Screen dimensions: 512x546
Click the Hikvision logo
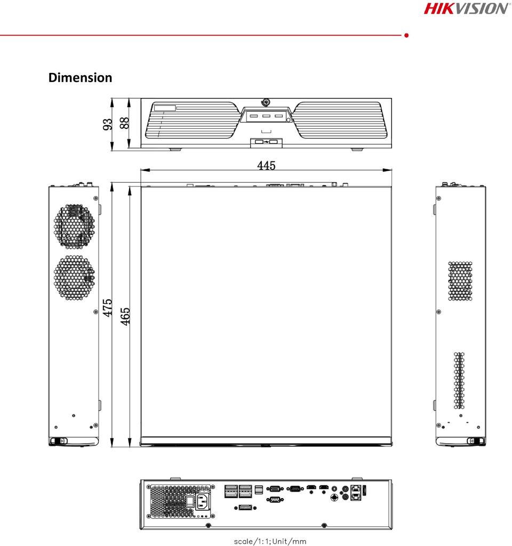click(x=466, y=9)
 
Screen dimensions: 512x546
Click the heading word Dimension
click(x=80, y=78)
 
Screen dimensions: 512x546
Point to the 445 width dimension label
click(x=266, y=166)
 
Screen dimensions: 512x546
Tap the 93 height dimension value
click(x=108, y=124)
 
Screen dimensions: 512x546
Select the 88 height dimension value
click(x=124, y=123)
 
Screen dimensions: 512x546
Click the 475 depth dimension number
click(x=108, y=307)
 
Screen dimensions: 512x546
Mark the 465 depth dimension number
click(x=125, y=316)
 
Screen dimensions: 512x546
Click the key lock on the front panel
click(x=266, y=102)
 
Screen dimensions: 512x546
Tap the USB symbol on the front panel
click(x=266, y=142)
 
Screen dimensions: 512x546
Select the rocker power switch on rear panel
click(x=190, y=501)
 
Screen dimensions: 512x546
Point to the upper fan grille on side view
click(x=74, y=227)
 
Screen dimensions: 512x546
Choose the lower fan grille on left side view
click(x=74, y=278)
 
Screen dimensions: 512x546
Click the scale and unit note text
click(x=270, y=541)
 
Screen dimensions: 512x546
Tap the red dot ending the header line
click(x=406, y=35)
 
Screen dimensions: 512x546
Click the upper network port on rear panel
click(x=356, y=488)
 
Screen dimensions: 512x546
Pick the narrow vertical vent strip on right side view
click(x=459, y=380)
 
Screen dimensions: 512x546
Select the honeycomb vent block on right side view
click(x=460, y=281)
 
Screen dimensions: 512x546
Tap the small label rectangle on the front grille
click(x=165, y=108)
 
